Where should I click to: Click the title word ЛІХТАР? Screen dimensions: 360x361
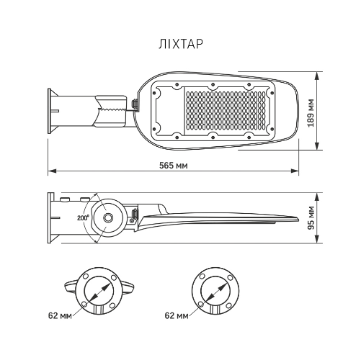click(180, 43)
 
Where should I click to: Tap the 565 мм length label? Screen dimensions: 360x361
click(174, 165)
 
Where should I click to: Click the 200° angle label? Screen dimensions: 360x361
click(82, 217)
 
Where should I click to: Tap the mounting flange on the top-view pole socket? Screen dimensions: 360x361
click(50, 111)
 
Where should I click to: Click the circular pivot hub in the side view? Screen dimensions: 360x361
click(109, 217)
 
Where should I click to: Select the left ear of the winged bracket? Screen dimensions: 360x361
click(68, 286)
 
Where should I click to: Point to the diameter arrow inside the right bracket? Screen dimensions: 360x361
click(214, 292)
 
